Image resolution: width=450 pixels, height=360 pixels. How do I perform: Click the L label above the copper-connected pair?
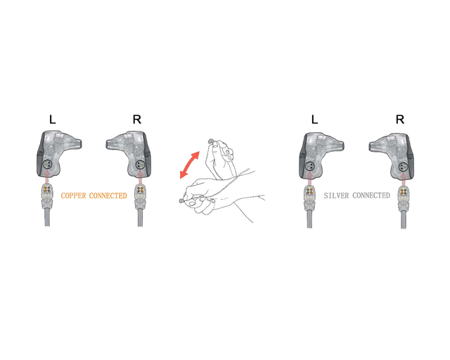[53, 120]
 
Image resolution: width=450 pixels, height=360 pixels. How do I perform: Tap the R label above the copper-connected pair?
[137, 120]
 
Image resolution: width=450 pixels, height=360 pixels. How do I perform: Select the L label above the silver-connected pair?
[315, 120]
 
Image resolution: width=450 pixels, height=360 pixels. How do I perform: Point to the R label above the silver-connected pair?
[400, 120]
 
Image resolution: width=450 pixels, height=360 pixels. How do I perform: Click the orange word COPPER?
[73, 195]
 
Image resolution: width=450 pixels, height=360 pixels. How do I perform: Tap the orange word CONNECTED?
[108, 195]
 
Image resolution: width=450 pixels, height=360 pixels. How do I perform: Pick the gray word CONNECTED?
[371, 195]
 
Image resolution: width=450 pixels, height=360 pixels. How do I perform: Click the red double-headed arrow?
[189, 165]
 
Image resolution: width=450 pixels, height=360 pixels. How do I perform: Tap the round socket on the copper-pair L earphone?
[47, 165]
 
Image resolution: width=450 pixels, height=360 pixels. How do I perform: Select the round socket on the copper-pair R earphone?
[140, 165]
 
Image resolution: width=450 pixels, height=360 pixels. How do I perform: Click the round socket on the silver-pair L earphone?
[309, 166]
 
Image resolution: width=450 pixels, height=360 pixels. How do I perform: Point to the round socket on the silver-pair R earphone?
[403, 166]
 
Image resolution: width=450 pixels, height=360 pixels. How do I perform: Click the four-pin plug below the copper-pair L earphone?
[47, 189]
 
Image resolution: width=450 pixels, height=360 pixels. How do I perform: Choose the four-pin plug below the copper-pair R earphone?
[140, 189]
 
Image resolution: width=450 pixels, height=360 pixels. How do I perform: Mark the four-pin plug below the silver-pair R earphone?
[403, 191]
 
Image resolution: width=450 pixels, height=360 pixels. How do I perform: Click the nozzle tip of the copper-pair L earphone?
[80, 143]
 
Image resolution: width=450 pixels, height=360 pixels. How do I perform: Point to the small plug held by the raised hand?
[211, 141]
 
